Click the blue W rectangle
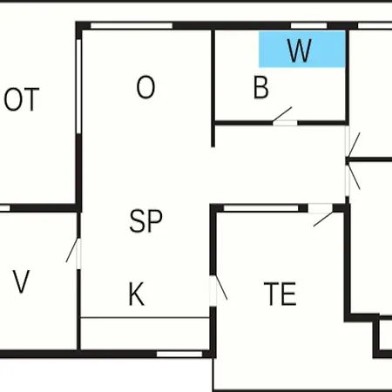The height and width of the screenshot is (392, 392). pos(302,50)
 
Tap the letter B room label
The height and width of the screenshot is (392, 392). pos(261,87)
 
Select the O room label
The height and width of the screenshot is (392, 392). pos(145,87)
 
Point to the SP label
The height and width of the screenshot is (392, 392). pos(145,221)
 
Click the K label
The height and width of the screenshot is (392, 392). pos(136,294)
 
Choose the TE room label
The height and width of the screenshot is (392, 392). pos(280,294)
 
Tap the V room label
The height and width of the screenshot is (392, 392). pos(21,281)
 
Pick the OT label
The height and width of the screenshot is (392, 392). pos(22,99)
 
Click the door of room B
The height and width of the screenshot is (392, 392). pos(282,115)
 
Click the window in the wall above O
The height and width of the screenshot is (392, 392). pos(132,25)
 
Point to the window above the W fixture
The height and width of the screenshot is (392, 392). pos(309,25)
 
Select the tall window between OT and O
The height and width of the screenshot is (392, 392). pos(78,86)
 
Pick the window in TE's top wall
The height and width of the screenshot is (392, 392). pos(261,208)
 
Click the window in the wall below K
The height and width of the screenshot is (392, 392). pos(179,354)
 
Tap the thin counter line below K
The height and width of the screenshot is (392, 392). pos(145,318)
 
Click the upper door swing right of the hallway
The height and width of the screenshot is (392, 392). pos(354,145)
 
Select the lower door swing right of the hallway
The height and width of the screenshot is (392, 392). pos(354,177)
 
